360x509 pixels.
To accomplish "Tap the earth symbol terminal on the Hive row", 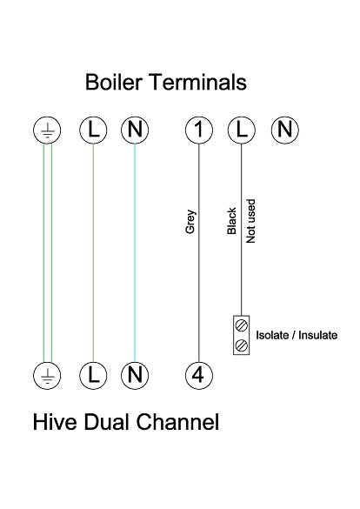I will [x=47, y=376].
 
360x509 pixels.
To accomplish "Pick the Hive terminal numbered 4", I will [x=199, y=376].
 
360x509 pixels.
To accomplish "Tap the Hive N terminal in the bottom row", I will [x=135, y=376].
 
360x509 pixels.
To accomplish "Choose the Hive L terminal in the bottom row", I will [x=93, y=376].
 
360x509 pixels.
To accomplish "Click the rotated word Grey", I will [x=190, y=223].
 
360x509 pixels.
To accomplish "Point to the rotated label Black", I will [x=232, y=221].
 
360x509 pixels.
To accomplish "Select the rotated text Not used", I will [x=250, y=221].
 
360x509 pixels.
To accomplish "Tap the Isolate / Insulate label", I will [x=296, y=335].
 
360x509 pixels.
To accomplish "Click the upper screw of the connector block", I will [x=241, y=325].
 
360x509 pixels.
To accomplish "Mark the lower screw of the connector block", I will [x=241, y=345].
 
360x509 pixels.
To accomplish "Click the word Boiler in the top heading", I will [x=116, y=83].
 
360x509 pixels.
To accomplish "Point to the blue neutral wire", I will [x=135, y=252].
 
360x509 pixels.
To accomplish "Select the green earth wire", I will [x=47, y=252].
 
